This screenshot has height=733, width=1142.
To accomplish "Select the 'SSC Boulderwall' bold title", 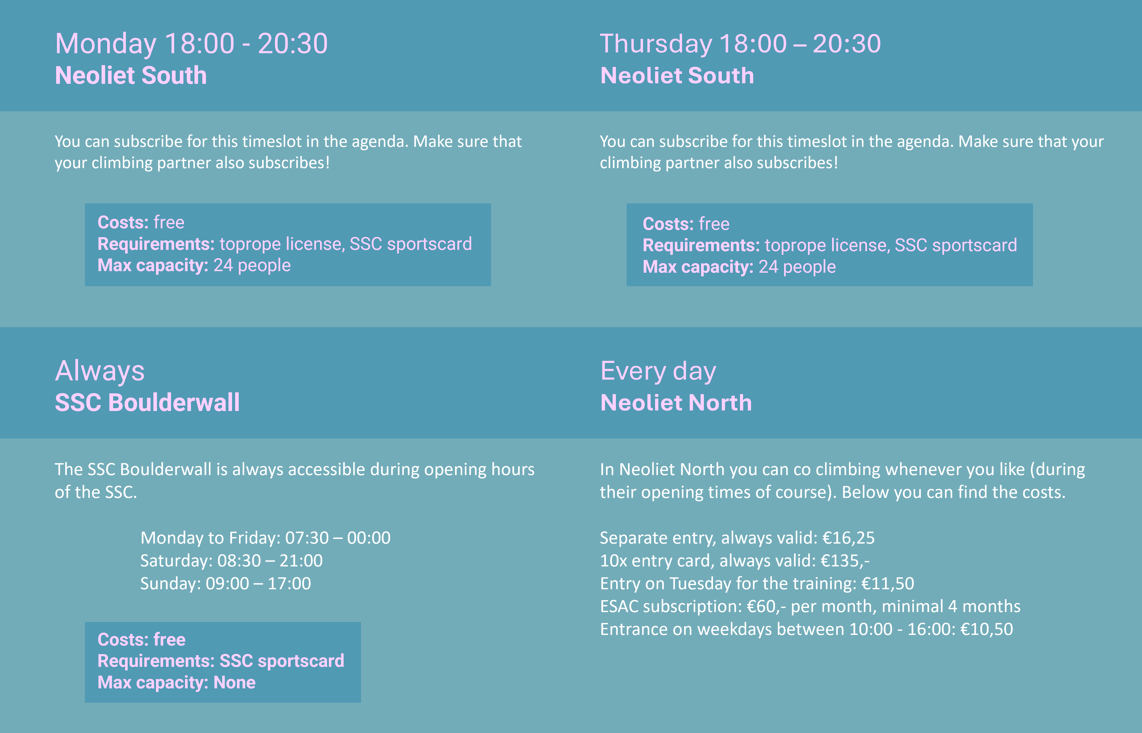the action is pyautogui.click(x=147, y=403).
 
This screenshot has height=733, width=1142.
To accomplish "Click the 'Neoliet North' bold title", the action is pyautogui.click(x=676, y=403).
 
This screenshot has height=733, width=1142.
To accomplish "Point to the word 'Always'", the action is pyautogui.click(x=99, y=371).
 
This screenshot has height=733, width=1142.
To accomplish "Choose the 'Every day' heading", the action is pyautogui.click(x=658, y=371).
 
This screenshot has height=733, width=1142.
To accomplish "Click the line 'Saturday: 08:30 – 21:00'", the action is pyautogui.click(x=231, y=561).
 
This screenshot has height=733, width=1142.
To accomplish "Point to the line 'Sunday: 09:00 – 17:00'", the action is pyautogui.click(x=226, y=584).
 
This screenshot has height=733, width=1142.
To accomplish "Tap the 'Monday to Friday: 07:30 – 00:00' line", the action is pyautogui.click(x=266, y=538).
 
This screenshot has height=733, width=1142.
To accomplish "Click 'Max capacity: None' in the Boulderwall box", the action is pyautogui.click(x=176, y=683).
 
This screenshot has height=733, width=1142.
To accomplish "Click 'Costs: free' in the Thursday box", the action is pyautogui.click(x=686, y=224).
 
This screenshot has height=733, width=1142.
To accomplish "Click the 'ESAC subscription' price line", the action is pyautogui.click(x=810, y=606).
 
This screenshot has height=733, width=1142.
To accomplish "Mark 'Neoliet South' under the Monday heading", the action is pyautogui.click(x=131, y=76).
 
